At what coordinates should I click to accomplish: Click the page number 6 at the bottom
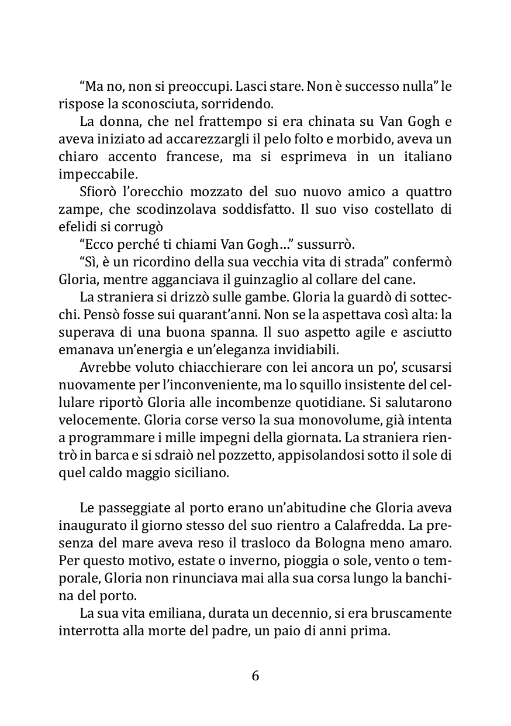255,676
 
